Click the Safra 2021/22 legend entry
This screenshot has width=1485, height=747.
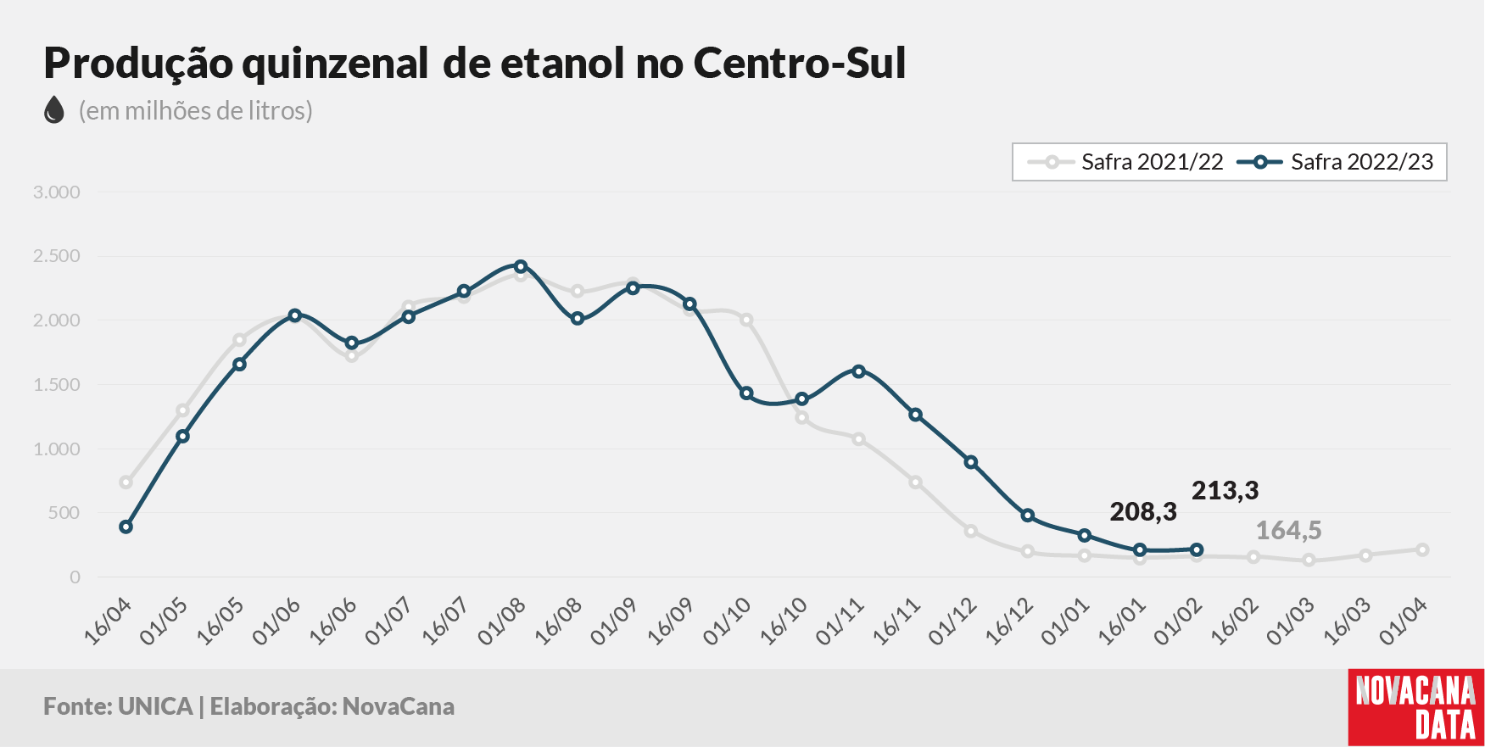pos(1125,162)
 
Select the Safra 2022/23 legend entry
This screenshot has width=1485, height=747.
pos(1335,162)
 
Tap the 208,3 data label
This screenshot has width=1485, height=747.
pos(1143,511)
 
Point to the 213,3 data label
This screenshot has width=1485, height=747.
pos(1225,490)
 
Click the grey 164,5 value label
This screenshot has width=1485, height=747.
pos(1288,530)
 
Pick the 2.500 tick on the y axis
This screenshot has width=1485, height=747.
pos(57,256)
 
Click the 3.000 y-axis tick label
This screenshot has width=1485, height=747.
pos(57,192)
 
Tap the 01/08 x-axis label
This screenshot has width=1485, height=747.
pos(502,622)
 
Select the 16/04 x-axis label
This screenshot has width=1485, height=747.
pos(108,622)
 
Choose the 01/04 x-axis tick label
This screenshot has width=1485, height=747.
pos(1404,622)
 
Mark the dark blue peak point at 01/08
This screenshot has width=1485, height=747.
pos(521,266)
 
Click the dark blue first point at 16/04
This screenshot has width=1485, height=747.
pos(126,527)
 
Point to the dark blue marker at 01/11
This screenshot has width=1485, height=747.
pos(859,371)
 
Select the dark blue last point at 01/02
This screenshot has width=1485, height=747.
pos(1197,549)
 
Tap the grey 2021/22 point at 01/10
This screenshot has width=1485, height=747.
pos(746,320)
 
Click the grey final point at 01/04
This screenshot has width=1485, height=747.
pos(1422,549)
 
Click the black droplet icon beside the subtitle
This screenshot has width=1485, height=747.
pos(54,109)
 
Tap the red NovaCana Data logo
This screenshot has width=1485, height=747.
pos(1416,708)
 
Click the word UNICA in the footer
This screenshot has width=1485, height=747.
pos(155,706)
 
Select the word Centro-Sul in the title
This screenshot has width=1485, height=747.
pos(800,63)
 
